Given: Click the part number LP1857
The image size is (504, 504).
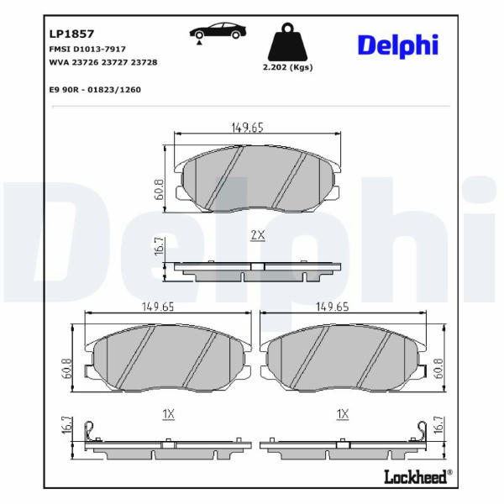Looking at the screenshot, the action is (71, 34).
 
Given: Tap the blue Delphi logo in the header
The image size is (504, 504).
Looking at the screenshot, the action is (398, 46).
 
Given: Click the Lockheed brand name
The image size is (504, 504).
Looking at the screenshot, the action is (416, 476).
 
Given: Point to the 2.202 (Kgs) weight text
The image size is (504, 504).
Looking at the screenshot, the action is (287, 67).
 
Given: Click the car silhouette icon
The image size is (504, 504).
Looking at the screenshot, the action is (218, 31).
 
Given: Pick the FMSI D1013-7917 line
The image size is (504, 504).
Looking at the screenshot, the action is (87, 50).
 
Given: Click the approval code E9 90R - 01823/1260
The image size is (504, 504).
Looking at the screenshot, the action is (95, 90).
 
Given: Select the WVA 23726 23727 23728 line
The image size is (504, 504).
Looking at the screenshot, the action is (103, 62).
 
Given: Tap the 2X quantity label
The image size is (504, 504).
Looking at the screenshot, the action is (258, 235).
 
